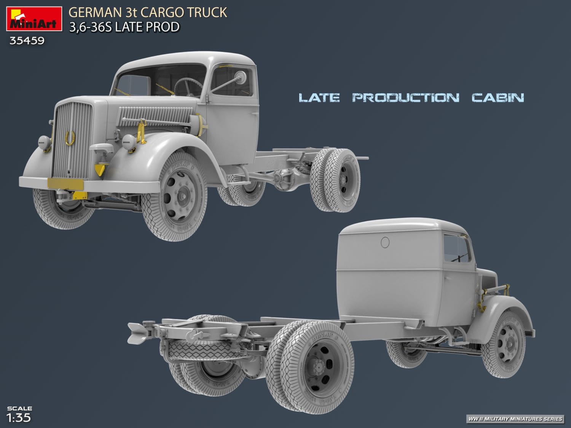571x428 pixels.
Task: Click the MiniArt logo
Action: click(34, 19)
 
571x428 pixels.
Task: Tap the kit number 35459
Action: click(27, 40)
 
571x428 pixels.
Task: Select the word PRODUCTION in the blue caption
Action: click(405, 98)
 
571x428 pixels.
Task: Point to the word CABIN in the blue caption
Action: click(498, 98)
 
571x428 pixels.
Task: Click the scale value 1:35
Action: click(19, 417)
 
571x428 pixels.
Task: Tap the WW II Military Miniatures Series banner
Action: click(515, 419)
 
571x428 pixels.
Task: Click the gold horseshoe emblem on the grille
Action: click(70, 137)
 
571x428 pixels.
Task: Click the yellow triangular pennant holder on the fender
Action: click(100, 169)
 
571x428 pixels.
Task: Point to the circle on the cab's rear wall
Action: click(385, 242)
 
